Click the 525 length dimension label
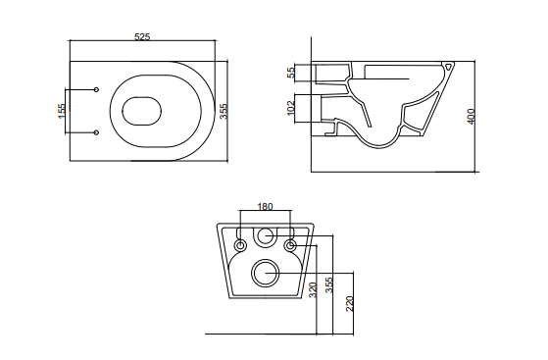(x=142, y=36)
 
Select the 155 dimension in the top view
(x=62, y=111)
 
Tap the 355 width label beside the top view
(x=224, y=111)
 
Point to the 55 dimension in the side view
(x=291, y=73)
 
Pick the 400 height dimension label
(x=472, y=116)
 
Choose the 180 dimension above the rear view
(x=265, y=207)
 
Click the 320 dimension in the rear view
(x=313, y=289)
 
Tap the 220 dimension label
(x=350, y=304)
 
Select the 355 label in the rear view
(x=328, y=284)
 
